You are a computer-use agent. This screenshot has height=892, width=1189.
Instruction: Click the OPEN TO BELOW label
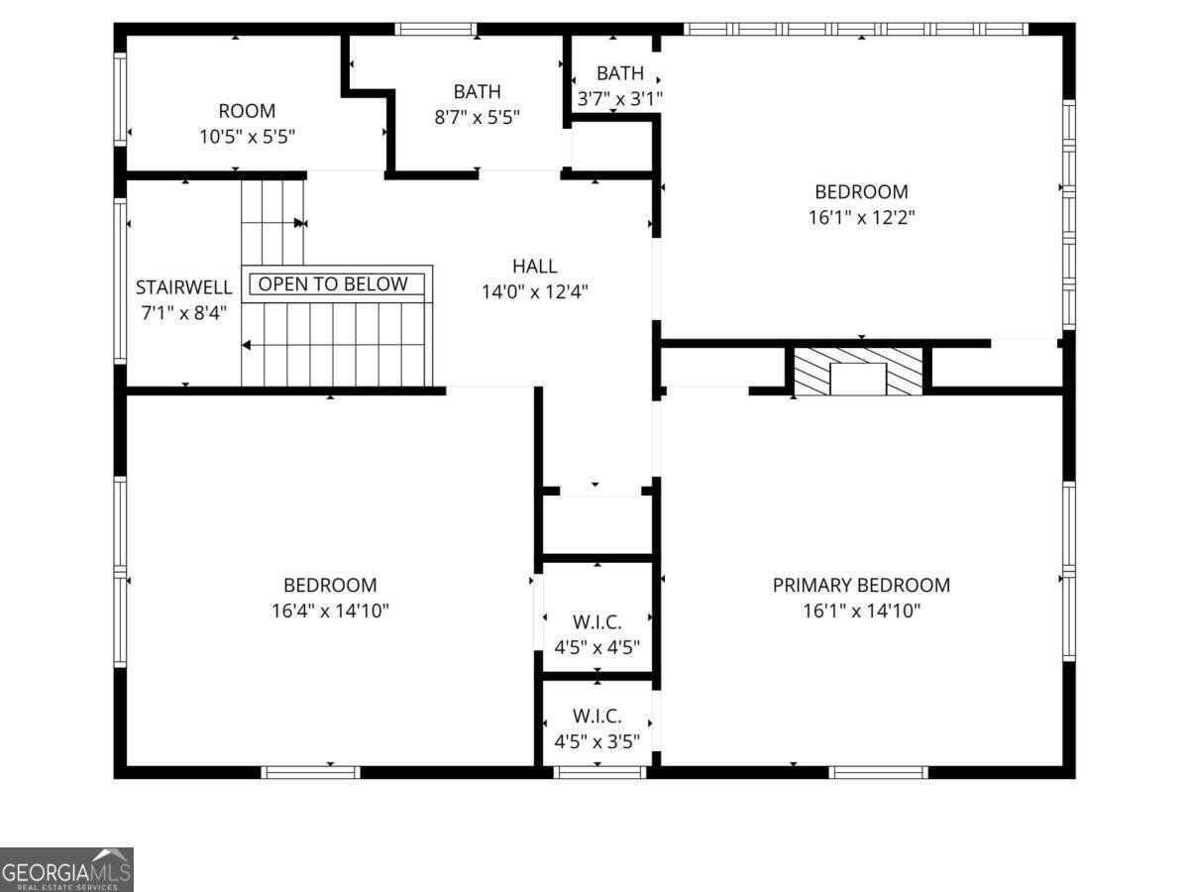[333, 283]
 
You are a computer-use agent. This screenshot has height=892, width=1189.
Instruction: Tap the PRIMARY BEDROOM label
[861, 585]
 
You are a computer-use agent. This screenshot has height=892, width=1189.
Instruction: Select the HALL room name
[535, 266]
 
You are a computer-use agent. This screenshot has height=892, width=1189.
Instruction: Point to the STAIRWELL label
[183, 287]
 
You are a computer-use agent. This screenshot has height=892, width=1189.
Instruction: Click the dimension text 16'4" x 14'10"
[330, 611]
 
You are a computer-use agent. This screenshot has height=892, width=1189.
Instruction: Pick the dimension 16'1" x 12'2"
[861, 218]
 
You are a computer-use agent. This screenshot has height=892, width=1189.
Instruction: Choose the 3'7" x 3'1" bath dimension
[619, 99]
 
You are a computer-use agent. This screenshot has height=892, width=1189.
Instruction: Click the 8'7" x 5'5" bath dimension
[477, 117]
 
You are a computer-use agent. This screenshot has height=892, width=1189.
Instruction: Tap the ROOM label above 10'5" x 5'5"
[247, 111]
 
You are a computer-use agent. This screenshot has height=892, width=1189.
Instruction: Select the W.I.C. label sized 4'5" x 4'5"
[596, 622]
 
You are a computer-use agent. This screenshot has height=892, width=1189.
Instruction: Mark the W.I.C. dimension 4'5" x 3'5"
[596, 741]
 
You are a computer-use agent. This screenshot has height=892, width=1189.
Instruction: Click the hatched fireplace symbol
[858, 372]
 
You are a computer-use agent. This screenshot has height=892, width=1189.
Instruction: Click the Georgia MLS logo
[66, 870]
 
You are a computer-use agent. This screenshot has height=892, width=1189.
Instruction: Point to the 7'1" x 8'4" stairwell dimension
[183, 313]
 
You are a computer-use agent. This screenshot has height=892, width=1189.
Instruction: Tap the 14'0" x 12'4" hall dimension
[535, 292]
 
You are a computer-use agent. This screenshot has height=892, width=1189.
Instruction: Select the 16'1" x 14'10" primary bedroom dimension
[861, 611]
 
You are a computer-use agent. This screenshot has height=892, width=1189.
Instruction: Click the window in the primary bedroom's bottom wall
[878, 772]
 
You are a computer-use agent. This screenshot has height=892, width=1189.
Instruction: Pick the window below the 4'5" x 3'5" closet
[599, 772]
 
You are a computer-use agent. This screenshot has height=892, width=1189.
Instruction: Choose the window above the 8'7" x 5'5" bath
[436, 30]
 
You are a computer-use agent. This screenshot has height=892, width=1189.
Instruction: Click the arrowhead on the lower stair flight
[247, 345]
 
